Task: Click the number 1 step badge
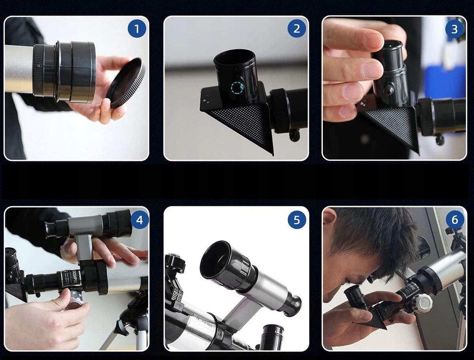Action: coord(137,29)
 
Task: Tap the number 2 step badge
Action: coord(297,29)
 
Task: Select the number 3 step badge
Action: coord(454,29)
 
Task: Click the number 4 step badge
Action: coord(139,220)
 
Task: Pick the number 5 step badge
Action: coord(297,220)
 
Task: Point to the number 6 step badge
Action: coord(454,220)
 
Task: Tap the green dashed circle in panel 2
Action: coord(238,88)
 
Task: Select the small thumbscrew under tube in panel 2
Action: coord(294,135)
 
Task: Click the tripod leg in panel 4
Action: coord(115,336)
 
